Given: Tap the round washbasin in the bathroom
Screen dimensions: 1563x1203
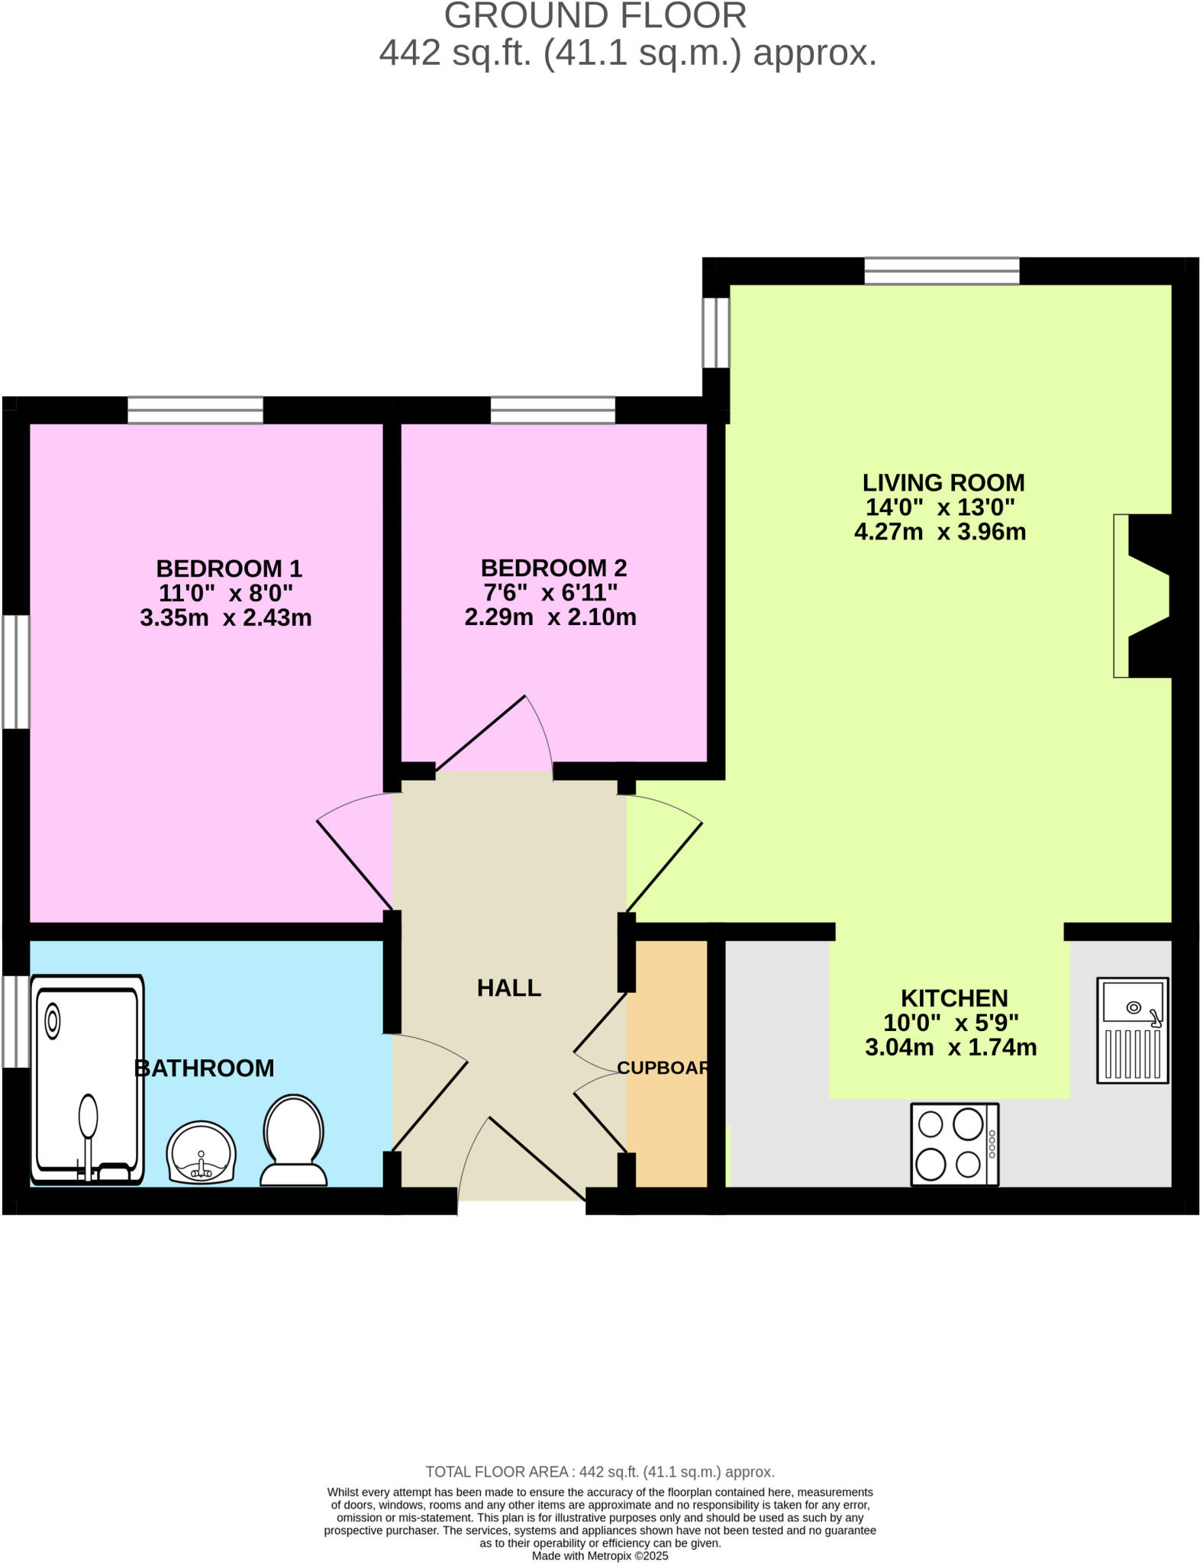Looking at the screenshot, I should pyautogui.click(x=202, y=1152).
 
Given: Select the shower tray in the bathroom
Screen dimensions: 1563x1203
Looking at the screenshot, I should pyautogui.click(x=87, y=1078).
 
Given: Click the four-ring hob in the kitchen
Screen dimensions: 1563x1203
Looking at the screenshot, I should pyautogui.click(x=954, y=1144).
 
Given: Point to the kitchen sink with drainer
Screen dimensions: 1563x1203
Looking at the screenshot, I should pyautogui.click(x=1132, y=1030).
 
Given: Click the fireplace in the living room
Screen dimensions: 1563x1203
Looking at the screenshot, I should pyautogui.click(x=1142, y=596).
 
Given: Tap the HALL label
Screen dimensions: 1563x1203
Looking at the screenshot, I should pyautogui.click(x=509, y=988).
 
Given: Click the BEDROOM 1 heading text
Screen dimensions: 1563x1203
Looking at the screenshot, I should pyautogui.click(x=229, y=569).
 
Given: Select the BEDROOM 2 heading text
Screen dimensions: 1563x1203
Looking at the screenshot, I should pyautogui.click(x=553, y=568).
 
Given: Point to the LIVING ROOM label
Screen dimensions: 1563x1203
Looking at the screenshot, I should pyautogui.click(x=943, y=482).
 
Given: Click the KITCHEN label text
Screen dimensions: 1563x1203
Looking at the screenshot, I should pyautogui.click(x=954, y=998).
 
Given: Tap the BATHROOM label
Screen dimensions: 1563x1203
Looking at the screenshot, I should pyautogui.click(x=204, y=1068).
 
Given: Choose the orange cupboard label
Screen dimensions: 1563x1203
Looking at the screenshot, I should pyautogui.click(x=663, y=1068).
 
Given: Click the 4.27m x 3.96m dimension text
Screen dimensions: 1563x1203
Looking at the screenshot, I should pyautogui.click(x=940, y=532).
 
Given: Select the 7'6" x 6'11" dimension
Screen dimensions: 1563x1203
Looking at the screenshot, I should pyautogui.click(x=550, y=592).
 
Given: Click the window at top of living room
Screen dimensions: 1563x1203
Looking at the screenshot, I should pyautogui.click(x=941, y=271).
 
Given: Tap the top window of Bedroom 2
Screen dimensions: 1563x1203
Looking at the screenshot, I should pyautogui.click(x=553, y=410).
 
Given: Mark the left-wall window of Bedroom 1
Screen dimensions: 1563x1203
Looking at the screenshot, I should pyautogui.click(x=15, y=672).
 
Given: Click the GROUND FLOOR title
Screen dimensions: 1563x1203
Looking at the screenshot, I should pyautogui.click(x=595, y=17).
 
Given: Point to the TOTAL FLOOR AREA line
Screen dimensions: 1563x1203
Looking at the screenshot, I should pyautogui.click(x=600, y=1471).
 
